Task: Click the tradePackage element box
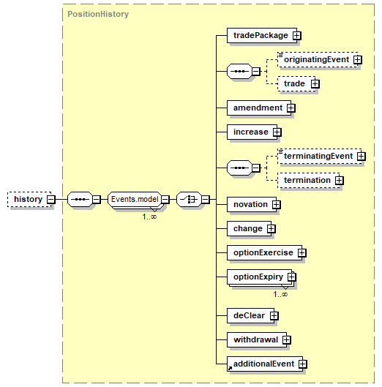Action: (262, 36)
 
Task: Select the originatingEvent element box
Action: (318, 59)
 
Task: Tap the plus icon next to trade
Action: (315, 84)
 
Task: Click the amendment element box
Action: (259, 108)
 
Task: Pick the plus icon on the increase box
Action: (277, 132)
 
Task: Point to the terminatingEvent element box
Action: (319, 156)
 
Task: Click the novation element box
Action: (252, 204)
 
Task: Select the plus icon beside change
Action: (271, 228)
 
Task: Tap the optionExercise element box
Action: (264, 252)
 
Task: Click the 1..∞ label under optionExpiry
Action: (280, 294)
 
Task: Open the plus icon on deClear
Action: (274, 315)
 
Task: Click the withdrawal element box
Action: (257, 340)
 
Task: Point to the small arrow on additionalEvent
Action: (230, 368)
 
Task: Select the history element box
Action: (29, 199)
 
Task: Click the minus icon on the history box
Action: (51, 199)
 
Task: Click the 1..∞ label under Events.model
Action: (149, 217)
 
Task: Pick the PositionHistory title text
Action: (98, 14)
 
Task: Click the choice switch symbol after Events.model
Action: (189, 199)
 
